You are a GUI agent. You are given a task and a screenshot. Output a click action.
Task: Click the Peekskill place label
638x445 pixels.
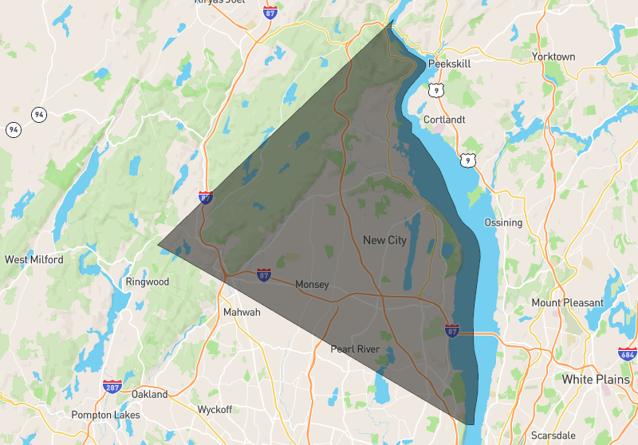(451, 63)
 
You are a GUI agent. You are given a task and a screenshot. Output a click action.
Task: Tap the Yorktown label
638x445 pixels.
(553, 57)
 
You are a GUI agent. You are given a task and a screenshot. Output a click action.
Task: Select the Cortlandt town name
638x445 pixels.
(444, 120)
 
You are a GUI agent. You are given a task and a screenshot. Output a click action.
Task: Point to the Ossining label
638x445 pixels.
(503, 222)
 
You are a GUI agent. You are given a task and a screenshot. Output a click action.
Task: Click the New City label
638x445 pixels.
(384, 240)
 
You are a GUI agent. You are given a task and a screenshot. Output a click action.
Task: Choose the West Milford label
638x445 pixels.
(33, 259)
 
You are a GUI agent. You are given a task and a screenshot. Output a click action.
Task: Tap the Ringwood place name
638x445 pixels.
(148, 282)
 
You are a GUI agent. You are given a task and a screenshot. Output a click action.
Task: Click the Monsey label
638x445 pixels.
(312, 285)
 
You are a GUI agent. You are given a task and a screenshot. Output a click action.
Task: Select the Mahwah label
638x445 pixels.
(242, 312)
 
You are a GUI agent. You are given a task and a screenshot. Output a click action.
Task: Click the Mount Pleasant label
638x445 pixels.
(568, 303)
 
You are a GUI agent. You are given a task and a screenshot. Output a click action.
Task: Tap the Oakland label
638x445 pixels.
(150, 394)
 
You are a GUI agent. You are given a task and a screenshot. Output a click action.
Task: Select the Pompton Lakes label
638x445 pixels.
(105, 415)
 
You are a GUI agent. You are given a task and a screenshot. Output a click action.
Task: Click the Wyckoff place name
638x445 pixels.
(215, 410)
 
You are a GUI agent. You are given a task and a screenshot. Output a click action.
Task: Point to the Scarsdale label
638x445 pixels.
(553, 436)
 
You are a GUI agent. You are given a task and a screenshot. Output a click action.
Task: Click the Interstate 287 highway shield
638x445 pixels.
(112, 387)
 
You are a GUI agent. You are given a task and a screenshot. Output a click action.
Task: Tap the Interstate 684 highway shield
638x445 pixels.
(627, 352)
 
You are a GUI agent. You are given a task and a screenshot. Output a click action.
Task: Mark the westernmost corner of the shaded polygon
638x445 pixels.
(158, 244)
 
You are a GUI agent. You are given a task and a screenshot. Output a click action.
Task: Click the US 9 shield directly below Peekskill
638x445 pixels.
(435, 90)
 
